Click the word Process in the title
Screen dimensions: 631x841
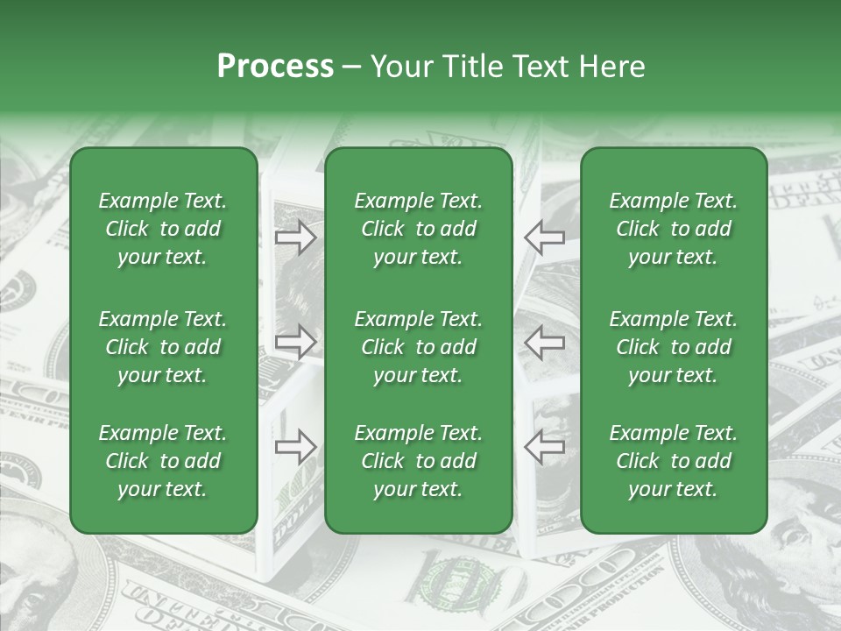coord(275,67)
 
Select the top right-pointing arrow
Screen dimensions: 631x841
coord(295,238)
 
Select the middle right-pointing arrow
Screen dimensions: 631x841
coord(295,342)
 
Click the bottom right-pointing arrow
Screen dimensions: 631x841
coord(295,447)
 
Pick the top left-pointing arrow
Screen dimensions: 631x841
coord(544,238)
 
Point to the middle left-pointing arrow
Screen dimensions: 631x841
coord(544,342)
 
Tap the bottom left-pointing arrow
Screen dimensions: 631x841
coord(544,447)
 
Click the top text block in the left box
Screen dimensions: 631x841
coord(163,229)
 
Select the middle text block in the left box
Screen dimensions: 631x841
coord(163,347)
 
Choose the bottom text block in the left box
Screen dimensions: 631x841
coord(163,461)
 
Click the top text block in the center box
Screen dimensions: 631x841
coord(419,229)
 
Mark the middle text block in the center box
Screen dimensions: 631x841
coord(419,347)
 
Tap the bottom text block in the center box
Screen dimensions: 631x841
coord(419,461)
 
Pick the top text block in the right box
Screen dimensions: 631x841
coord(674,229)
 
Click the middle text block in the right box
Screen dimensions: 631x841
coord(674,347)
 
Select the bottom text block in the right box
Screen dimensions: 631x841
coord(674,461)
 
